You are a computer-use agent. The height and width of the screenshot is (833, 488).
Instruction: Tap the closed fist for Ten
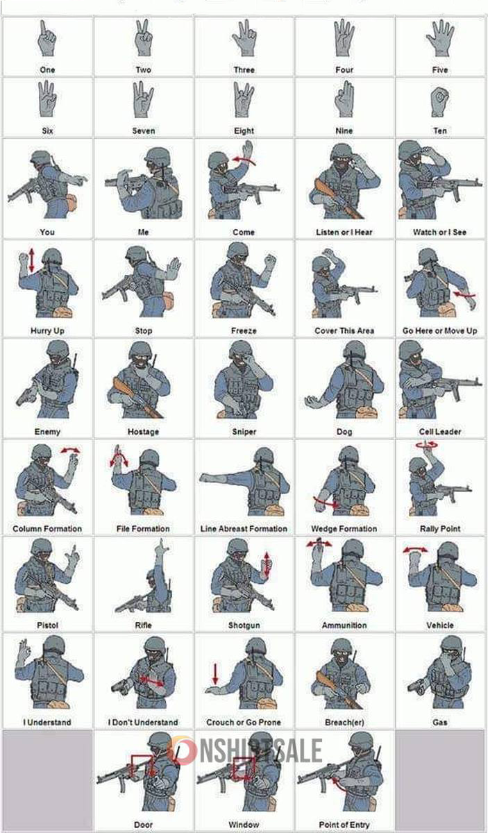tap(440, 102)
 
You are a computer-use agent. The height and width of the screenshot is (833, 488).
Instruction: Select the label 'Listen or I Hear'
tap(344, 232)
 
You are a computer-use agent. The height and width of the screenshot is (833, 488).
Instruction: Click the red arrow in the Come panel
tap(244, 160)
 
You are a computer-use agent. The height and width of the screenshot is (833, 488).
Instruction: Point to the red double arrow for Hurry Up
tap(32, 260)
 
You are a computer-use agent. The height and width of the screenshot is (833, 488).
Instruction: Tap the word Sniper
tap(244, 432)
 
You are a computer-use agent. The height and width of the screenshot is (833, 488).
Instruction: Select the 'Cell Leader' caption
tap(440, 432)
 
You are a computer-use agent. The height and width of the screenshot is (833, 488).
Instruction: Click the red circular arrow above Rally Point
tap(427, 444)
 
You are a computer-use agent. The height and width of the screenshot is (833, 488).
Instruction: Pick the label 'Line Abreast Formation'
tap(244, 529)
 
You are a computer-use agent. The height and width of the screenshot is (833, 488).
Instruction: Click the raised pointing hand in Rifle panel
tap(162, 549)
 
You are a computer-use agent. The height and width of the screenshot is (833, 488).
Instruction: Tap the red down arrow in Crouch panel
tap(215, 674)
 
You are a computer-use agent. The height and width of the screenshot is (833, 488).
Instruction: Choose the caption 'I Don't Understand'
tap(143, 722)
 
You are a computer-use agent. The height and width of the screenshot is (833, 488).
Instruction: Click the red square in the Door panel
tap(142, 766)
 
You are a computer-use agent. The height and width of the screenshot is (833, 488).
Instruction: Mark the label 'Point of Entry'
tap(344, 825)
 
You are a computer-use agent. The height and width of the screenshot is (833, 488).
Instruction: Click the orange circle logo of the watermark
tap(182, 750)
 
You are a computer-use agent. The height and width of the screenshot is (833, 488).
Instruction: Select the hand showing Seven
tap(143, 99)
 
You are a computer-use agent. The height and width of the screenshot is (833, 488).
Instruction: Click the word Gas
tap(440, 722)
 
